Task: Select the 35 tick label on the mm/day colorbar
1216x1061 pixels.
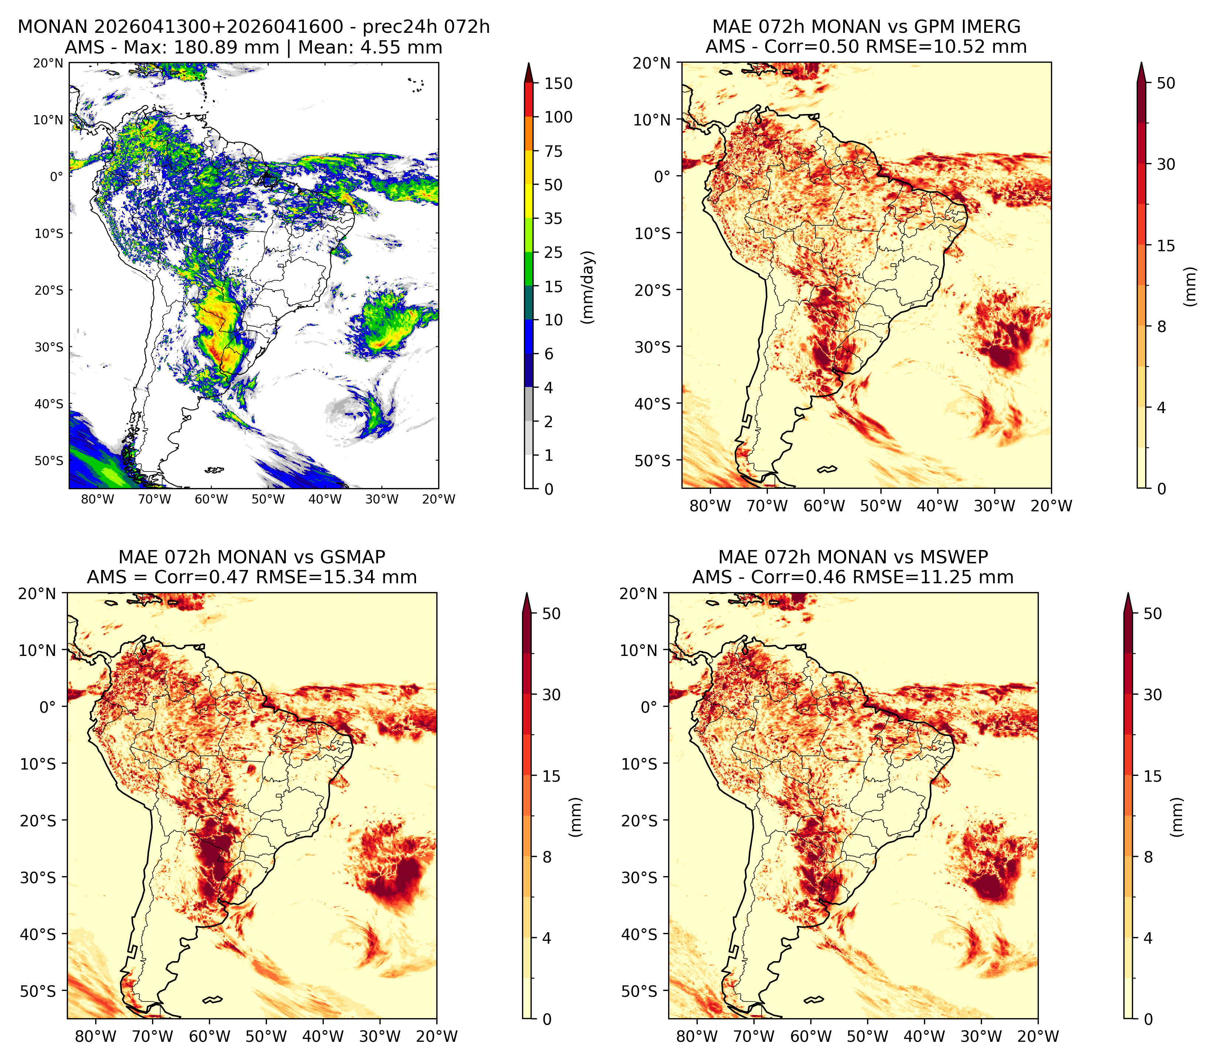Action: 553,218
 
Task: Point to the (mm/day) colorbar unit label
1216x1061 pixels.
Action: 588,287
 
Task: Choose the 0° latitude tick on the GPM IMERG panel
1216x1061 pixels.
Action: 662,176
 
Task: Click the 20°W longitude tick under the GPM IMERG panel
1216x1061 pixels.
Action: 1051,506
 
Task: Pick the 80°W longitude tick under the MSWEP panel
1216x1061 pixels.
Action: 697,1036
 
